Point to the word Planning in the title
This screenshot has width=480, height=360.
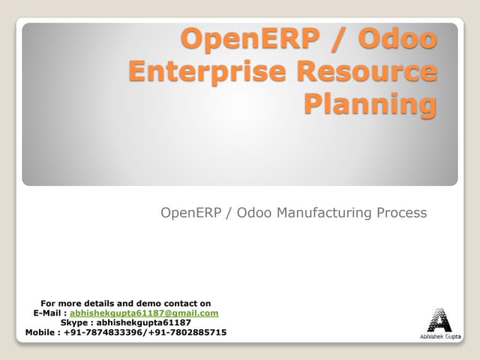click(x=369, y=103)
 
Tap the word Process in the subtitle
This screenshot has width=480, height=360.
click(x=400, y=213)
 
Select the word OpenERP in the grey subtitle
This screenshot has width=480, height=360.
click(x=190, y=213)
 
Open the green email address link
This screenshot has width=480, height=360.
click(x=144, y=313)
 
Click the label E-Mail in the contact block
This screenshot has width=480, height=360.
click(x=49, y=313)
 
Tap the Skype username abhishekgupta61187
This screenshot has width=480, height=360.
click(x=143, y=322)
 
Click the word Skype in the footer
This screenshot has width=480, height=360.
click(x=75, y=322)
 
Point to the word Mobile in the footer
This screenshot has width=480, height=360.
click(x=40, y=332)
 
